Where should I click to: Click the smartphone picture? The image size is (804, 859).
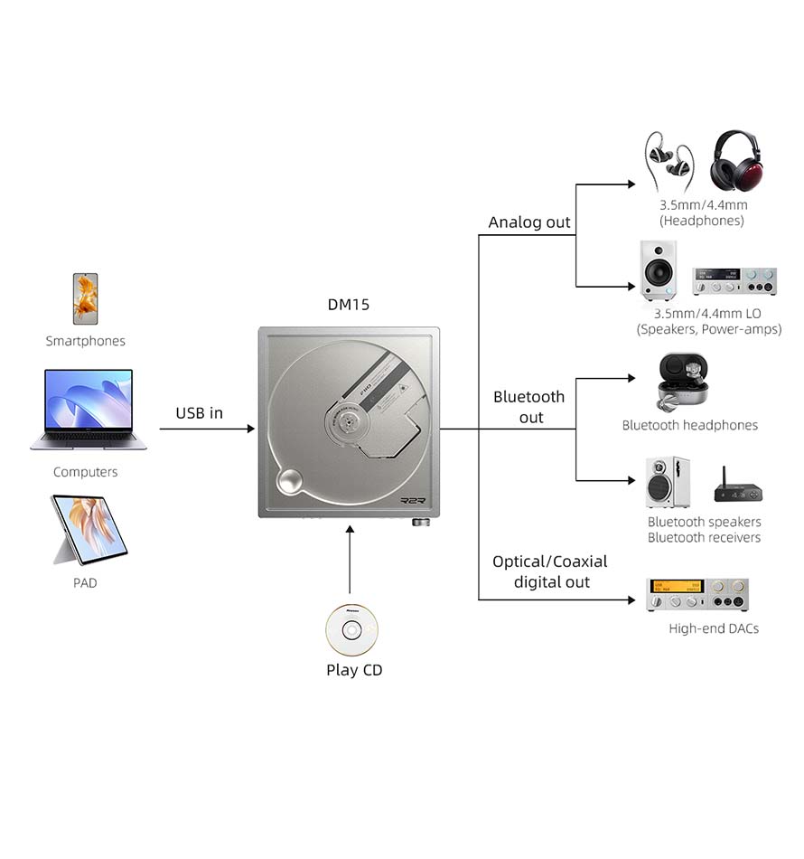[86, 299]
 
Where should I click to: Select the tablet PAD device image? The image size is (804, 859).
[89, 529]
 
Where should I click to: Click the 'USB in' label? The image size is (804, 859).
[199, 413]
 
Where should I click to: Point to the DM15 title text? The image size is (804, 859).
[348, 305]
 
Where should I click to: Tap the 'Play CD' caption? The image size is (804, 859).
[354, 670]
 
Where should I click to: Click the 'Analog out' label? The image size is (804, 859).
[529, 222]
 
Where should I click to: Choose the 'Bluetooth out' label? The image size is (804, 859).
[529, 407]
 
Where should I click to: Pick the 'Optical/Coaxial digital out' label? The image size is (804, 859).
[550, 571]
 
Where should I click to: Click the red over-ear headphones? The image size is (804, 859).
[743, 163]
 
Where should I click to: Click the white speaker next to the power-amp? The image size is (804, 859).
[659, 269]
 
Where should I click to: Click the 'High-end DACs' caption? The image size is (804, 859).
[714, 628]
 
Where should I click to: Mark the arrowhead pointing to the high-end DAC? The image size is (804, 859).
[631, 599]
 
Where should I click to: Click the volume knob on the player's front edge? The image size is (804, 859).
[420, 522]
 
